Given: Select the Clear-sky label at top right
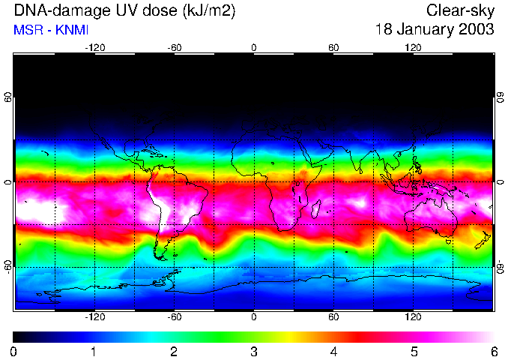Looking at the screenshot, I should (461, 10).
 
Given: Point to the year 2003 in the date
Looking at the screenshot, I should (477, 30).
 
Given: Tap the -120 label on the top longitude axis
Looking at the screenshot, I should (94, 47).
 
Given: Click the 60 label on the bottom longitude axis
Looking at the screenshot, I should (333, 317).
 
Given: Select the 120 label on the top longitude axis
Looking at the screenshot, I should (413, 47).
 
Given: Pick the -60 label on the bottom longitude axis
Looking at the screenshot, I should (175, 317).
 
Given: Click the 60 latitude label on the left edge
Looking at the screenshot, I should (8, 98).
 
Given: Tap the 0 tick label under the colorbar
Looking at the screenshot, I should (14, 351).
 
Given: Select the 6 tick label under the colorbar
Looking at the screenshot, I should (493, 351).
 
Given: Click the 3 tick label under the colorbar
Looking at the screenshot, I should (253, 351).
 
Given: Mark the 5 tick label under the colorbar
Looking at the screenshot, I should (413, 351).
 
